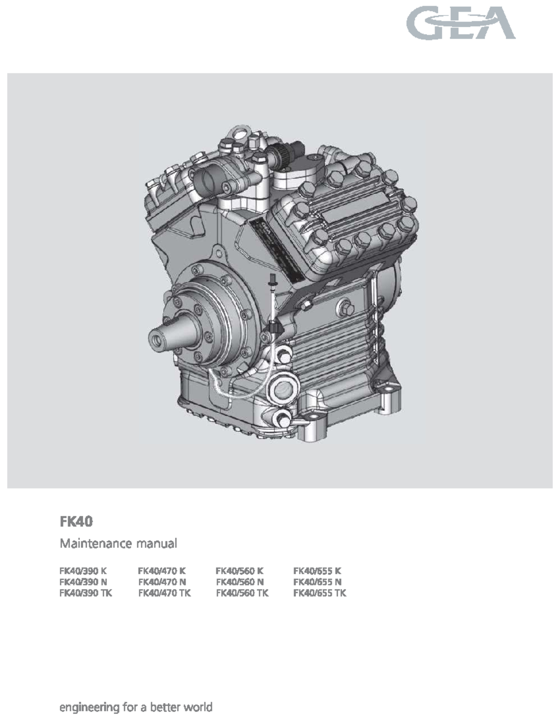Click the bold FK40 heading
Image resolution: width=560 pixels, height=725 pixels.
pos(76,521)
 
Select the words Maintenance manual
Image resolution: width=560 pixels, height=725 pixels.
pos(118,543)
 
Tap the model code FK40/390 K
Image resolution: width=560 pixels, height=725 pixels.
pos(83,570)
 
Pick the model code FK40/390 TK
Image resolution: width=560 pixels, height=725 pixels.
pos(85,593)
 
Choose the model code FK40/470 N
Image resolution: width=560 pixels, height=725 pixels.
pos(162,582)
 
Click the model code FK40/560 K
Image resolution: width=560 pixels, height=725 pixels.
pos(239,570)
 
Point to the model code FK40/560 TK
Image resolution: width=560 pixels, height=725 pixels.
pos(242,593)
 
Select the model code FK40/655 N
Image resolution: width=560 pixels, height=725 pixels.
pos(317,582)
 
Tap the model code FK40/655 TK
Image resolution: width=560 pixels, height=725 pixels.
pos(320,593)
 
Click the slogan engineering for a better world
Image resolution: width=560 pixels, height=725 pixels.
pos(135,707)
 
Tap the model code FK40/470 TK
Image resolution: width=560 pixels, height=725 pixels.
pos(165,593)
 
